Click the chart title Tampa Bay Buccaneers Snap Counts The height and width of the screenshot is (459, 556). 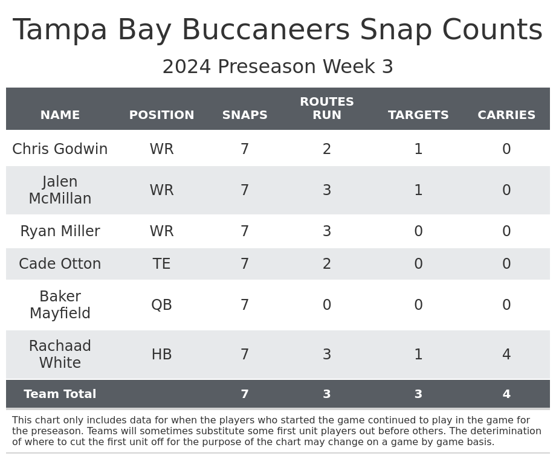pos(277,30)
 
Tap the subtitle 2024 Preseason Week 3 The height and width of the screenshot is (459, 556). pos(277,67)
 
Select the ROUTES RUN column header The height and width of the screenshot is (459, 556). pos(326,109)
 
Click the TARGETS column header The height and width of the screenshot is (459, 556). pos(418,115)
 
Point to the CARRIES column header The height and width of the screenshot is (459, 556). pos(506,115)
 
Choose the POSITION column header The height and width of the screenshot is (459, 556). pos(161,115)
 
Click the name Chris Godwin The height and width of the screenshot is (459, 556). pos(60,149)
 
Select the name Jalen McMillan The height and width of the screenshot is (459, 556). pos(60,190)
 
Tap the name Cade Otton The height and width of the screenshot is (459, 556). pos(60,264)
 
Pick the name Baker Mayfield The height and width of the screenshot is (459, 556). pos(60,305)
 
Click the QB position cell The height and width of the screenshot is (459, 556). pos(161,305)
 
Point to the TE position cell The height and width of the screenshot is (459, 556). pos(161,264)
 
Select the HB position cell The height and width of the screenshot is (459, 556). pos(161,355)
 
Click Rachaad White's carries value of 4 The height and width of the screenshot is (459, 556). pos(506,355)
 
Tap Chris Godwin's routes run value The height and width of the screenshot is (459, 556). pos(326,149)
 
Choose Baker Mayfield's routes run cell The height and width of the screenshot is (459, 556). pos(326,305)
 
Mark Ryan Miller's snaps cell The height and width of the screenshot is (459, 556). pos(245,231)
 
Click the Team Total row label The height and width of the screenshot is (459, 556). pos(60,394)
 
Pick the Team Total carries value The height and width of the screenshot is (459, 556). pos(506,394)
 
